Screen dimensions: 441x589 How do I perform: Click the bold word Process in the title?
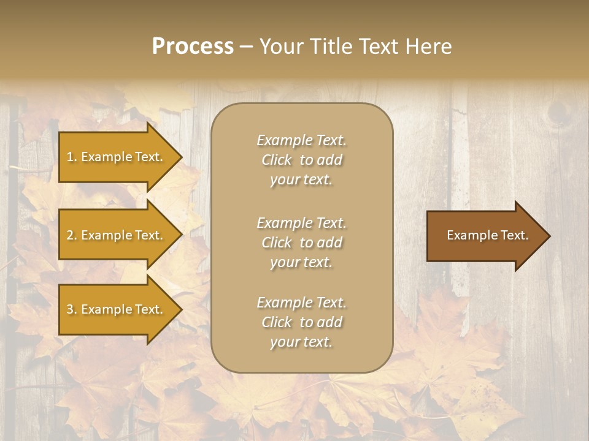193,47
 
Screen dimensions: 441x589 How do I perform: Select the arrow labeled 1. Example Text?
117,157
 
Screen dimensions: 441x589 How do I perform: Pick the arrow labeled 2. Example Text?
117,235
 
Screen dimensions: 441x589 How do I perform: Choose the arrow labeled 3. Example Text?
117,309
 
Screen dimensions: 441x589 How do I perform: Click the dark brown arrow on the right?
485,236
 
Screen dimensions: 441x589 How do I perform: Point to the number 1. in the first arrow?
72,157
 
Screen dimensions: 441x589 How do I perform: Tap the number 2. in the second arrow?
72,235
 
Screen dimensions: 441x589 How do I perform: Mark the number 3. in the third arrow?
72,309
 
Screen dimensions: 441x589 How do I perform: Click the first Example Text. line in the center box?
301,140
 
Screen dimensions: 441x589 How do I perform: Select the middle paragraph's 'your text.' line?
301,262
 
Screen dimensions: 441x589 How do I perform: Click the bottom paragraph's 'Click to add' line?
301,322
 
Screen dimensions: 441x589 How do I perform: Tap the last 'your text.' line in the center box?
301,342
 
